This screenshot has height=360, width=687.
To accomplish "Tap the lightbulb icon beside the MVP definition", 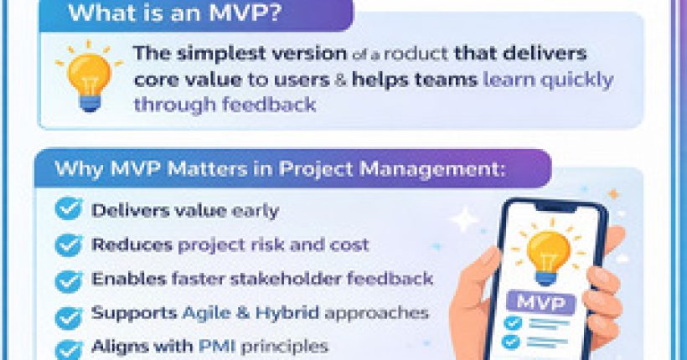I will tap(88, 75).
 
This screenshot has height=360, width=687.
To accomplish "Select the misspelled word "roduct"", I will tap(419, 54).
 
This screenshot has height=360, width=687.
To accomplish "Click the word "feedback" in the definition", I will tap(277, 105).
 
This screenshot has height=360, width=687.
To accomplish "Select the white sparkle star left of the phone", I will tap(463, 219).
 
